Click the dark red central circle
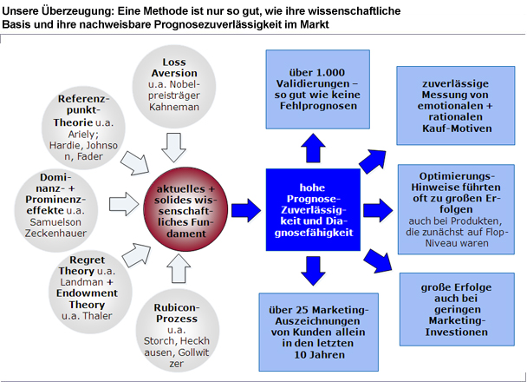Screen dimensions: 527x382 (x=185, y=209)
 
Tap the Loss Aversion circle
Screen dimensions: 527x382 (x=174, y=87)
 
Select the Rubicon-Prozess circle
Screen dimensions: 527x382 (x=178, y=331)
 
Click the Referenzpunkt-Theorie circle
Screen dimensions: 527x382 (x=83, y=128)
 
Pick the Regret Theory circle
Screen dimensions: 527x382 (x=90, y=292)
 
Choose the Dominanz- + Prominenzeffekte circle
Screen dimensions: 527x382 (x=55, y=211)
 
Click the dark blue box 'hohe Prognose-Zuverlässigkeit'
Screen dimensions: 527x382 (x=313, y=210)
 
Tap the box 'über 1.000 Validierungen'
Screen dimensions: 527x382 (x=318, y=89)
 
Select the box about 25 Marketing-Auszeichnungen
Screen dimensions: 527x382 (x=319, y=332)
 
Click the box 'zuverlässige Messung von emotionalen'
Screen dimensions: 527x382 (x=456, y=106)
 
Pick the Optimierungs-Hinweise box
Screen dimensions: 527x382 (x=456, y=209)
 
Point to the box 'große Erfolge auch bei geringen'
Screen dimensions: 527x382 (x=457, y=309)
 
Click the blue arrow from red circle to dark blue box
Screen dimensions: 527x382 (x=246, y=210)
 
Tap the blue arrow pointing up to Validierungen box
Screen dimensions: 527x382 (x=313, y=148)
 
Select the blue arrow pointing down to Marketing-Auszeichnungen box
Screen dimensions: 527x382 (x=313, y=271)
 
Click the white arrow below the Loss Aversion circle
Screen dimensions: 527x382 (x=173, y=148)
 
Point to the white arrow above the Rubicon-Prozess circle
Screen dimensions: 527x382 (x=179, y=268)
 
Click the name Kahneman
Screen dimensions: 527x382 (x=174, y=107)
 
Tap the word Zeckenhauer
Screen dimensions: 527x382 (x=55, y=234)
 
